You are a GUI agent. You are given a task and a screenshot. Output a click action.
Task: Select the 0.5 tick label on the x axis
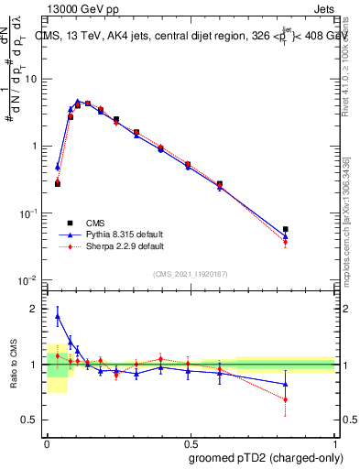coord(189,441)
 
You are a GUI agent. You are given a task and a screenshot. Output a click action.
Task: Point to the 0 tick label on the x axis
coord(47,441)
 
